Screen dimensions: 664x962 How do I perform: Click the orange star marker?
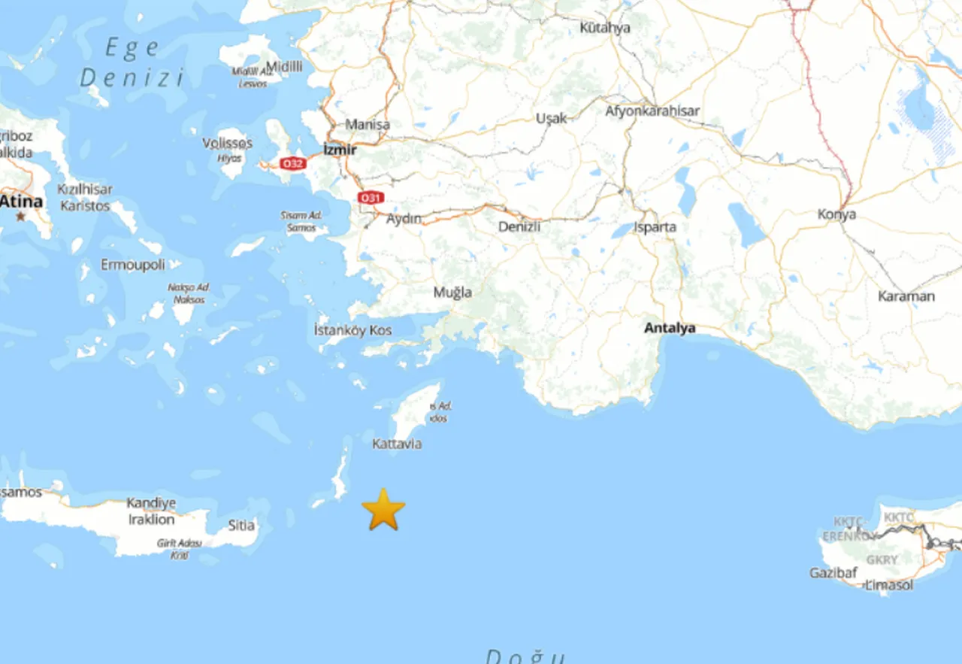[x=383, y=510]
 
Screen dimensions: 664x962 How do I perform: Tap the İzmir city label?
[x=340, y=150]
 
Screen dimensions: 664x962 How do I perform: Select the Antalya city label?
[x=670, y=328]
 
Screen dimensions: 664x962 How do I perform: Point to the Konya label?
[x=836, y=214]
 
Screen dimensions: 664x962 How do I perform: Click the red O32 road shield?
[x=292, y=163]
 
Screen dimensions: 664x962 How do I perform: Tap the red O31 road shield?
[x=371, y=198]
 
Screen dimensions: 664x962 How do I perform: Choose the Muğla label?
[x=452, y=292]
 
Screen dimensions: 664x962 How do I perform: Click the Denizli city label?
[x=519, y=226]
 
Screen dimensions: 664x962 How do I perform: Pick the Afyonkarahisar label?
[x=652, y=111]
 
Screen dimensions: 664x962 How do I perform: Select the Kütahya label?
[x=604, y=28]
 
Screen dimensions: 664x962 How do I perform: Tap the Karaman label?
[x=906, y=296]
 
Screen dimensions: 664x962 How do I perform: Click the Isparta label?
[x=655, y=226]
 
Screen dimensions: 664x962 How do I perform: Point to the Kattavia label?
[x=397, y=444]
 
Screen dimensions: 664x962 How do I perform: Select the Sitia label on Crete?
[x=241, y=525]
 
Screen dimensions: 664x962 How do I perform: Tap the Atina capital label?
[x=21, y=202]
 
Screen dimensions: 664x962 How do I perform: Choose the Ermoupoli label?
[x=133, y=265]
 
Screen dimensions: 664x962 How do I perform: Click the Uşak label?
[x=551, y=118]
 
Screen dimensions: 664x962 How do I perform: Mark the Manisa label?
[x=368, y=124]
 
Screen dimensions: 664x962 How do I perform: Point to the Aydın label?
[x=404, y=219]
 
